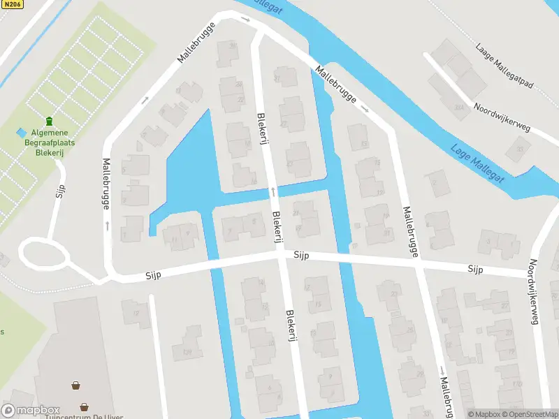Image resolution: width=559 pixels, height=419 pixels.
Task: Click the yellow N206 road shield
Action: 12,4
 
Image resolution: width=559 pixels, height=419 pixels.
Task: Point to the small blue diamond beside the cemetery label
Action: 21,132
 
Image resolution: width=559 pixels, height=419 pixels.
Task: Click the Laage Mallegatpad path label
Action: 504,68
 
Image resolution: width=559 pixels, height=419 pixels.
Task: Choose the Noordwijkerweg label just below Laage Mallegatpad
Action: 502,116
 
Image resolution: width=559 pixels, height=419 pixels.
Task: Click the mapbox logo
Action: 31,411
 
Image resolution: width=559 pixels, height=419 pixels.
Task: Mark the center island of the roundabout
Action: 44,254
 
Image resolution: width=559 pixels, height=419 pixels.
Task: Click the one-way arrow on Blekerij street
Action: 273,190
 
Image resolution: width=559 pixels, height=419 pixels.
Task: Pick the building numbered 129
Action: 187,351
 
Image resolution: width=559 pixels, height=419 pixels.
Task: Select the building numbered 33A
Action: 458,108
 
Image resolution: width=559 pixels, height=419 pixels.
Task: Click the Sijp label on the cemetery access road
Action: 60,191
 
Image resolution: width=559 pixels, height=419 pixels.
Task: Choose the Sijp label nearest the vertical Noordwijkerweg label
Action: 476,269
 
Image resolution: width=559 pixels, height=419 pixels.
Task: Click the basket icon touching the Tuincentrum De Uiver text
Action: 84,406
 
